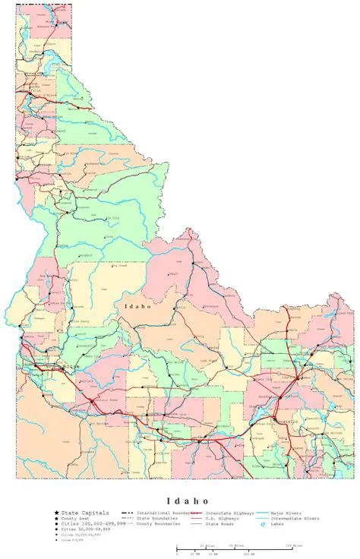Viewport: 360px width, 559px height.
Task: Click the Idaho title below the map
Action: click(180, 501)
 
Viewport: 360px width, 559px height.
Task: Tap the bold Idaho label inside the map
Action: click(137, 305)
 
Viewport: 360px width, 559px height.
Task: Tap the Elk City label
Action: click(112, 218)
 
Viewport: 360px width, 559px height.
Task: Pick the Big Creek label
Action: click(119, 266)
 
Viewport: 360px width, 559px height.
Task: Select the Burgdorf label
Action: click(85, 256)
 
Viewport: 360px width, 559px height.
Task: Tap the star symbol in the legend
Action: click(57, 513)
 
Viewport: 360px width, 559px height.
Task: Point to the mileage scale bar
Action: click(239, 548)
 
